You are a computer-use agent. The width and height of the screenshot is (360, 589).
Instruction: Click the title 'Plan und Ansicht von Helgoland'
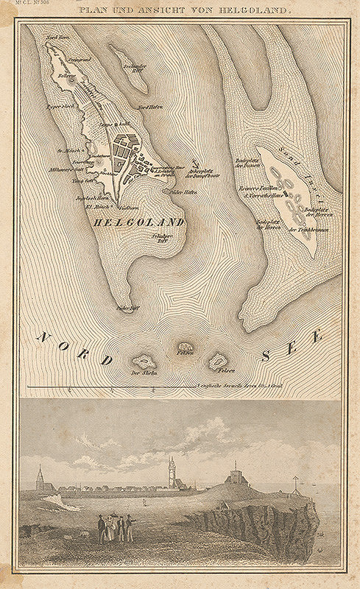coord(180,11)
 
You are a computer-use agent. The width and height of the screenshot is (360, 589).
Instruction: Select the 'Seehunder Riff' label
coord(133,71)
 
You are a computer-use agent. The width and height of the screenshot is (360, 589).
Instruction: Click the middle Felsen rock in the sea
coord(186,347)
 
